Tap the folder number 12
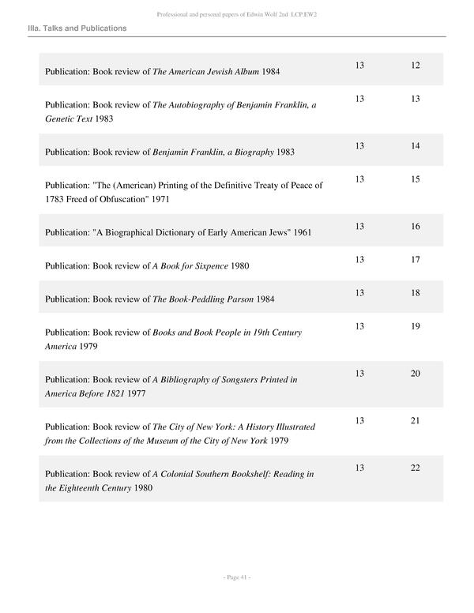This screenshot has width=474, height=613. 416,65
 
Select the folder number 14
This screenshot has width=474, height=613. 416,146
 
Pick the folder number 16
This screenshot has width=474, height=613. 416,227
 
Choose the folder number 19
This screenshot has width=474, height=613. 416,326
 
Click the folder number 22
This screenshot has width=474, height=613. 416,468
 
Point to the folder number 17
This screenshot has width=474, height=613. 416,260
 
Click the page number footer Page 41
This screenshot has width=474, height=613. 237,577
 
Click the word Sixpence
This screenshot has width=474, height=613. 211,266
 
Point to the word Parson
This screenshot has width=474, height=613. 254,299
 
